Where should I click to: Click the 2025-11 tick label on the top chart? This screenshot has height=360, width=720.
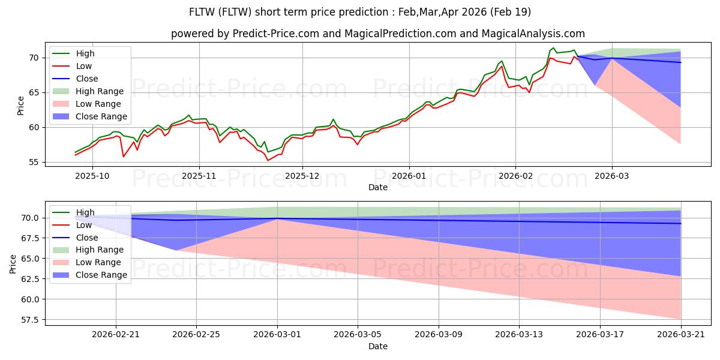point(199,176)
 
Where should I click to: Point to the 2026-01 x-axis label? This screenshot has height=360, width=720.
point(409,176)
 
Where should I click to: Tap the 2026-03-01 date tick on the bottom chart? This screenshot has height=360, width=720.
point(277,335)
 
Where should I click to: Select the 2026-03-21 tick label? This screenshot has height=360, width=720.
point(681,335)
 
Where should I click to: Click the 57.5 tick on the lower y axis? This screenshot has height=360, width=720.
point(29,320)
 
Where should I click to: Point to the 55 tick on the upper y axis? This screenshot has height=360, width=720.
point(34,163)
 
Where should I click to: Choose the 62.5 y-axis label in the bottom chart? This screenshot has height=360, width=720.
point(29,279)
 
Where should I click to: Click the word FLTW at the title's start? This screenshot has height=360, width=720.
point(202,12)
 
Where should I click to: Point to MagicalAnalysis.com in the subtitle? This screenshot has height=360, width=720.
point(533,34)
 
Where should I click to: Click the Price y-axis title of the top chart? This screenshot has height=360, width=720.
point(20,106)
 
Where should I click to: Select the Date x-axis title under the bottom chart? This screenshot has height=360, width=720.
point(378,346)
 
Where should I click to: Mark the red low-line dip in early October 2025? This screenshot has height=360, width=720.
point(124,157)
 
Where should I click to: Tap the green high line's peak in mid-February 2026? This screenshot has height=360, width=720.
point(553,48)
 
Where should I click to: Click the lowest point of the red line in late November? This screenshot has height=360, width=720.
point(268,160)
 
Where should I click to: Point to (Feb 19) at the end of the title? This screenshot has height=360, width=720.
point(510,12)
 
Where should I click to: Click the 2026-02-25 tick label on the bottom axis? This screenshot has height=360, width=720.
point(196,335)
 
